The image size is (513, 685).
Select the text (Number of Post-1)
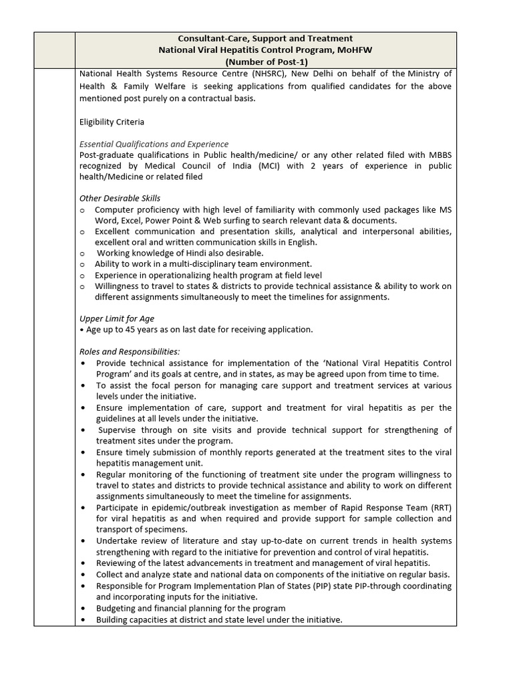[x=266, y=62]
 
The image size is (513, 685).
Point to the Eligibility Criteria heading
[x=112, y=122]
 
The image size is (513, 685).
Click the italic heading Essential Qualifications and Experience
[x=154, y=144]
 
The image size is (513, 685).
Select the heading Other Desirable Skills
[x=120, y=198]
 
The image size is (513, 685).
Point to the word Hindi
[x=192, y=254]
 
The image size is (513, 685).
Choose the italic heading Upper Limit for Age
[x=117, y=318]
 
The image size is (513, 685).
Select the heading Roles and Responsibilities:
[x=130, y=351]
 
